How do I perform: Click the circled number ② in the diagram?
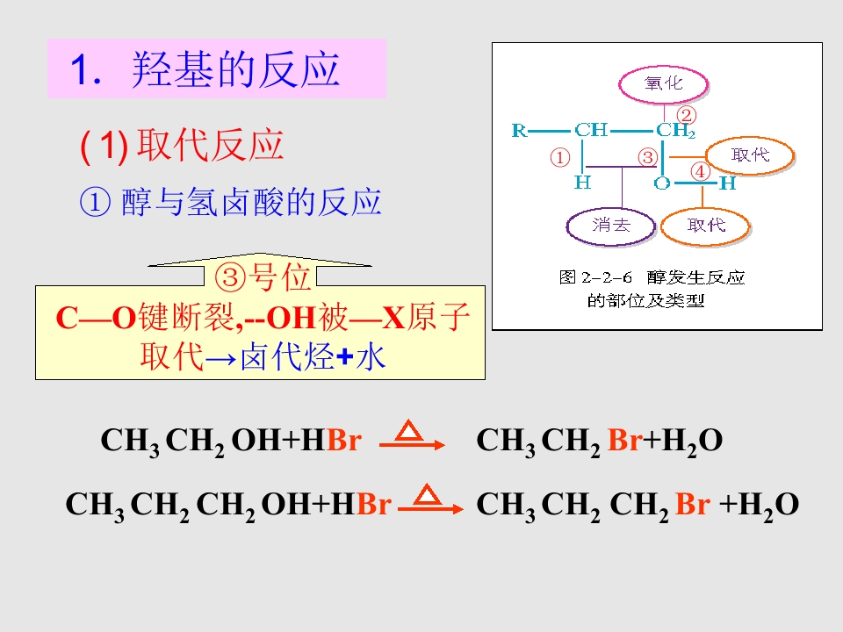[686, 115]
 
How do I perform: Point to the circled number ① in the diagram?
[559, 158]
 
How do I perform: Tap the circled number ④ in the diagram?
[700, 172]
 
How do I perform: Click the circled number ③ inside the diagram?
[648, 157]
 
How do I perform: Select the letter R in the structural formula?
[519, 130]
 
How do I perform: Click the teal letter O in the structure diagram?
[662, 183]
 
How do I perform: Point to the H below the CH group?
[583, 183]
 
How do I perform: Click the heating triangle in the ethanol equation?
[408, 430]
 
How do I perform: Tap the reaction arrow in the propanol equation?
[430, 508]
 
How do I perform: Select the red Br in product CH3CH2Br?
[624, 440]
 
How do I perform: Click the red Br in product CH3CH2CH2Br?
[693, 504]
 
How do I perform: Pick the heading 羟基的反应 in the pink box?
[235, 69]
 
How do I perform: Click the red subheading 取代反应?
[210, 145]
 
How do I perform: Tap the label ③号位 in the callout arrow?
[263, 277]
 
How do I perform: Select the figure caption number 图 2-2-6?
[595, 277]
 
